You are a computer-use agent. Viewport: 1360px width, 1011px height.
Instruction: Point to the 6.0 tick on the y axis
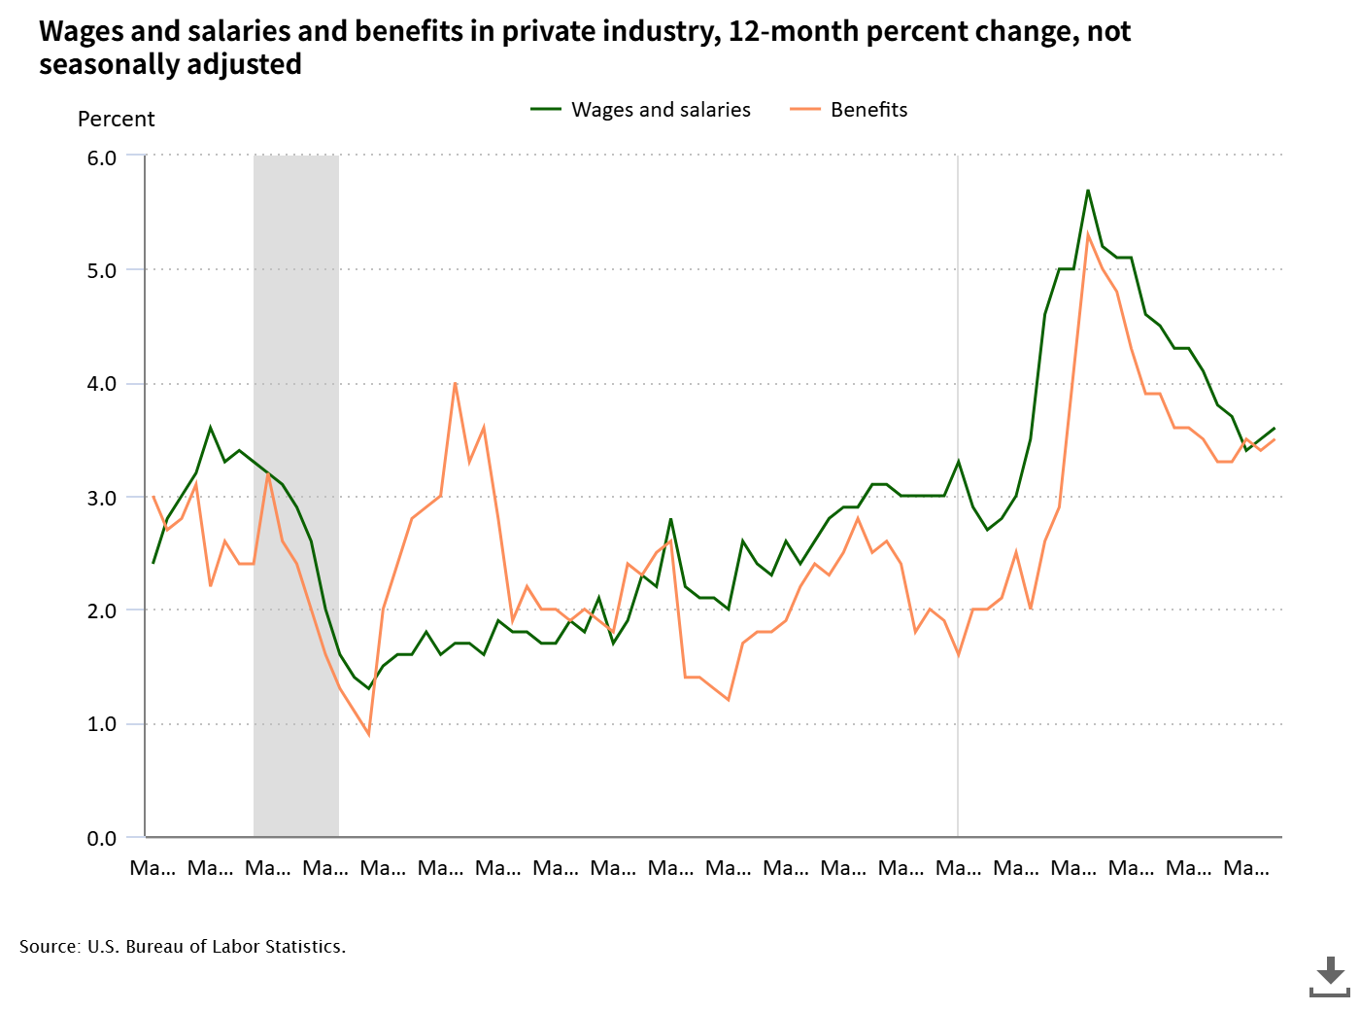[x=101, y=157]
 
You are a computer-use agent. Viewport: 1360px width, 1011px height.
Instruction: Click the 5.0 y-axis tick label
[x=101, y=271]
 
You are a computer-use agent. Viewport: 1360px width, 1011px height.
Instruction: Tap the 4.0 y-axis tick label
[x=101, y=384]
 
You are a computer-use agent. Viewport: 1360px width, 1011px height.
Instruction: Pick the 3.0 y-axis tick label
[x=101, y=498]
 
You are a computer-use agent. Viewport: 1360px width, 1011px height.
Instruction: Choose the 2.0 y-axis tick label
[x=101, y=611]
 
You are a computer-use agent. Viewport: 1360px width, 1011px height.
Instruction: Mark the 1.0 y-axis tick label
[x=101, y=724]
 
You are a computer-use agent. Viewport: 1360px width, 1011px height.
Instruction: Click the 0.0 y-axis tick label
[x=101, y=838]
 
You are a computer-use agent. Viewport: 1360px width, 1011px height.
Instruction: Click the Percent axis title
[x=116, y=120]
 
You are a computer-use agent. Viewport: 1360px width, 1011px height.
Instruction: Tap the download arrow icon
[x=1330, y=975]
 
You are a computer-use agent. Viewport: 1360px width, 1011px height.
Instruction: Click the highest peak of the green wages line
[x=1088, y=191]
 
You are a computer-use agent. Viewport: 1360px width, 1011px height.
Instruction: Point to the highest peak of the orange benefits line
[x=1088, y=235]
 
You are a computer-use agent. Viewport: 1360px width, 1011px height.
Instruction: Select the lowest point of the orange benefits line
[x=368, y=735]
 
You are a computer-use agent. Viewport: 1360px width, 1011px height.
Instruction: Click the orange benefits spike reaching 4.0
[x=455, y=383]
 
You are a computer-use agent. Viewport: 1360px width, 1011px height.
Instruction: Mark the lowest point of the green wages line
[x=368, y=688]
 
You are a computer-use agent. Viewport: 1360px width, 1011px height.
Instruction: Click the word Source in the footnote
[x=49, y=947]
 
